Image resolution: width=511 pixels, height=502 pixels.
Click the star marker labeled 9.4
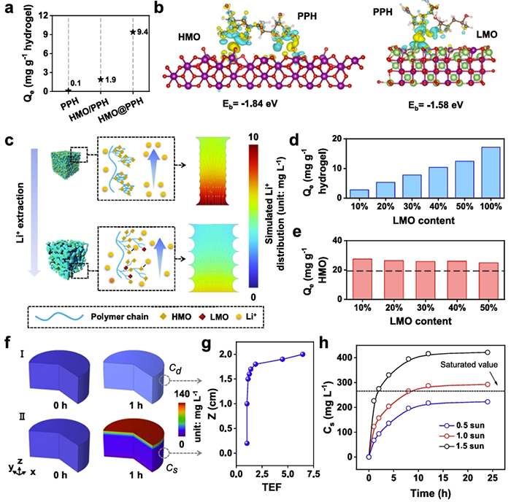[x=132, y=32]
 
